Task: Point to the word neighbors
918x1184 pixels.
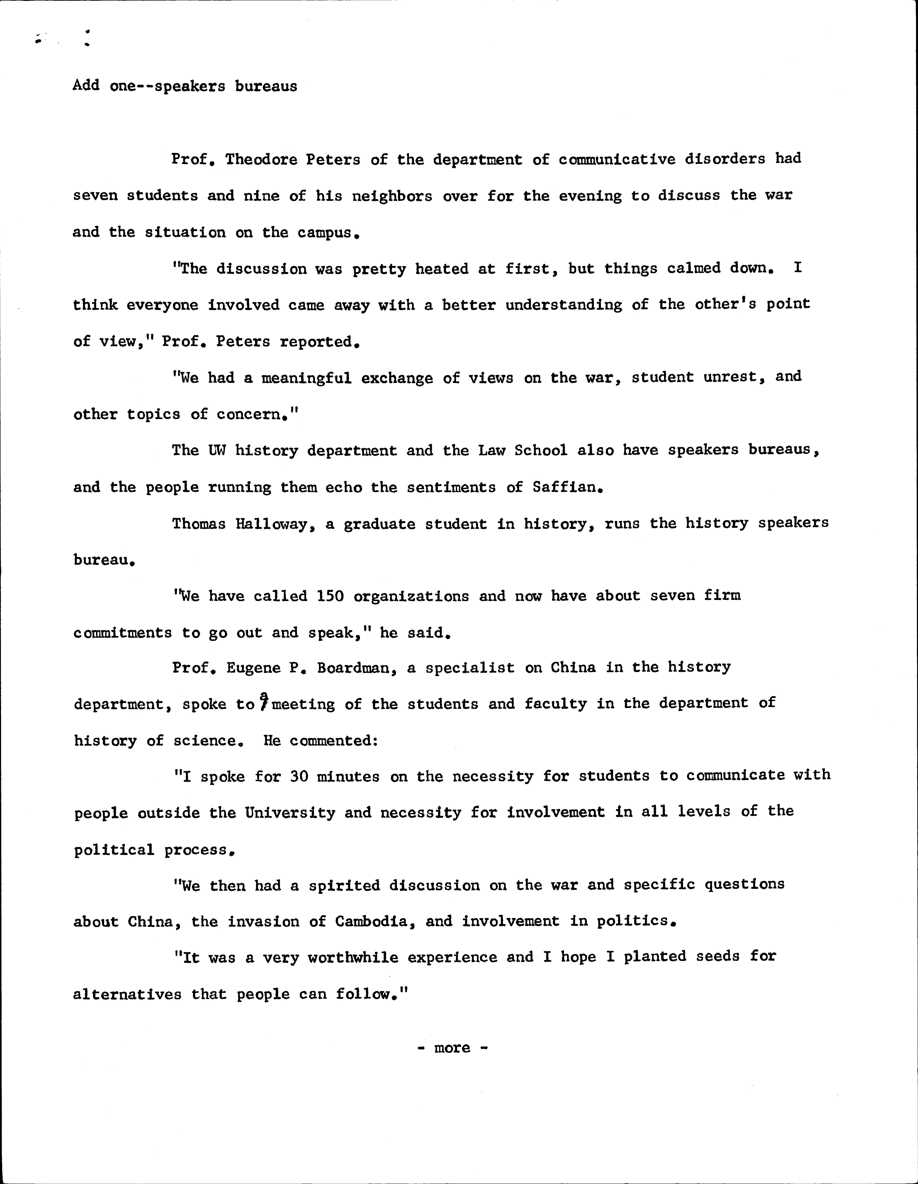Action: pos(392,196)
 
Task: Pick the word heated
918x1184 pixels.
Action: pos(442,269)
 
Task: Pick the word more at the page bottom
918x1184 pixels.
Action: pos(452,1048)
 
